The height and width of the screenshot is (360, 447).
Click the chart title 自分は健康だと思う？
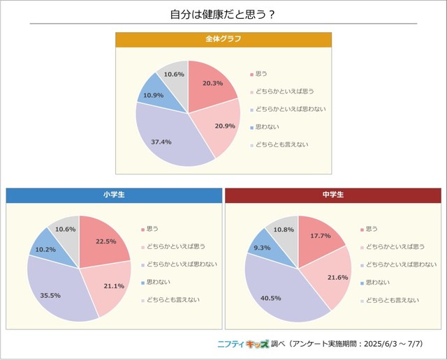pyautogui.click(x=223, y=14)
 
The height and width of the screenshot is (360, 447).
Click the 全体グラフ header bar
pyautogui.click(x=223, y=39)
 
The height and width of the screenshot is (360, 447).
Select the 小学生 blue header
pyautogui.click(x=113, y=195)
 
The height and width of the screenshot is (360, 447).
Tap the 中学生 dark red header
pyautogui.click(x=332, y=195)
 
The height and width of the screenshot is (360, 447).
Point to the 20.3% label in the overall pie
pyautogui.click(x=213, y=84)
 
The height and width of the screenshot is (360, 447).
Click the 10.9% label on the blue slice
pyautogui.click(x=154, y=95)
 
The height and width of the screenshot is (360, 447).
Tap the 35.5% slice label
pyautogui.click(x=50, y=295)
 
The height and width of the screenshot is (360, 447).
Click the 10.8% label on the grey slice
pyautogui.click(x=284, y=230)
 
